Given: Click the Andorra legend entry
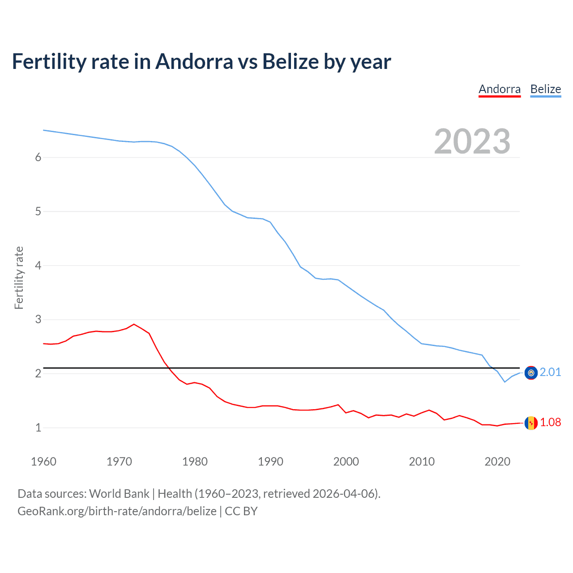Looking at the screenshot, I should [x=500, y=89].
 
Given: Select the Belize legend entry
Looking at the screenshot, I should [x=545, y=89].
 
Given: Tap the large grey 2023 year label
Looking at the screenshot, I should [x=472, y=141].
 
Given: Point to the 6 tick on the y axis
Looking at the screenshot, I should [x=38, y=157].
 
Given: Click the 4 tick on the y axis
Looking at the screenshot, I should [x=38, y=265].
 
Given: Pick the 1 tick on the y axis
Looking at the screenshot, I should [x=38, y=428].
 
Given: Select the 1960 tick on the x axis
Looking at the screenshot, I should [x=43, y=462].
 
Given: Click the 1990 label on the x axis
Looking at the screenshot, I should [x=270, y=462].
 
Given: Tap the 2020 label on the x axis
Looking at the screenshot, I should [x=497, y=462].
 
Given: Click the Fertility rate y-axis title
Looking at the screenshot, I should [x=19, y=278].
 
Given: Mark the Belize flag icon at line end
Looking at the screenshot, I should [x=531, y=372].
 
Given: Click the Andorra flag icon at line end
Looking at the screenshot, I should [x=531, y=423].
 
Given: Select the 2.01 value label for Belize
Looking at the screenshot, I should [x=550, y=372].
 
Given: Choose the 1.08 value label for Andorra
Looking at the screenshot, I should [x=550, y=422].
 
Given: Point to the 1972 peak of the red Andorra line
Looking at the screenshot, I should [x=134, y=324].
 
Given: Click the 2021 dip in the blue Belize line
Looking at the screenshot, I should [x=505, y=382].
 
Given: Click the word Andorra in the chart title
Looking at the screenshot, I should [x=194, y=62].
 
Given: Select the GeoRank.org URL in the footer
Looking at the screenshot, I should [x=117, y=511].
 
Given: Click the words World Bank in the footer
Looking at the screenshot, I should [x=119, y=494].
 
